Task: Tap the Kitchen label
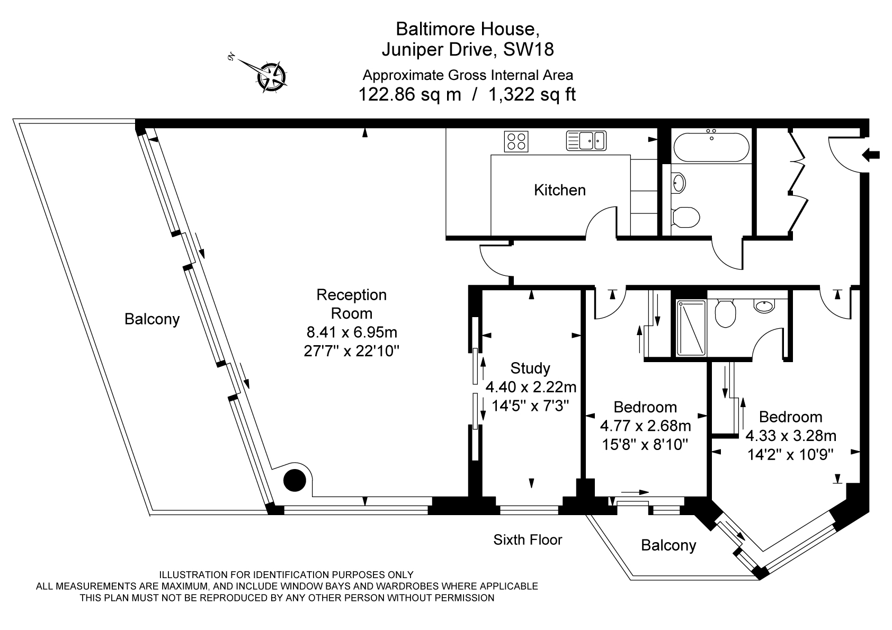tap(559, 190)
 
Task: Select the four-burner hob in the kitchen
tap(516, 141)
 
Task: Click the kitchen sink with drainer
tap(586, 141)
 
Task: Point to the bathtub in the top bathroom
tap(711, 147)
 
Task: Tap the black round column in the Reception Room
tap(295, 480)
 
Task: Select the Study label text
tap(530, 368)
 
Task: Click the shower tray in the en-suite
tap(691, 328)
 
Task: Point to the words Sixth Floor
tap(528, 539)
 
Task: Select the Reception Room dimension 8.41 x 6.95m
tap(352, 332)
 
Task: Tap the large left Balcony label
tap(152, 319)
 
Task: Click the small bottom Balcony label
tap(668, 545)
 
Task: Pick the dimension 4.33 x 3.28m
tap(790, 436)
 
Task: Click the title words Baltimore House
tap(468, 28)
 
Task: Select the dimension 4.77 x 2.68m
tap(645, 426)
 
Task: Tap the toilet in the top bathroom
tap(685, 216)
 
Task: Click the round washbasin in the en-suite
tap(763, 305)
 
